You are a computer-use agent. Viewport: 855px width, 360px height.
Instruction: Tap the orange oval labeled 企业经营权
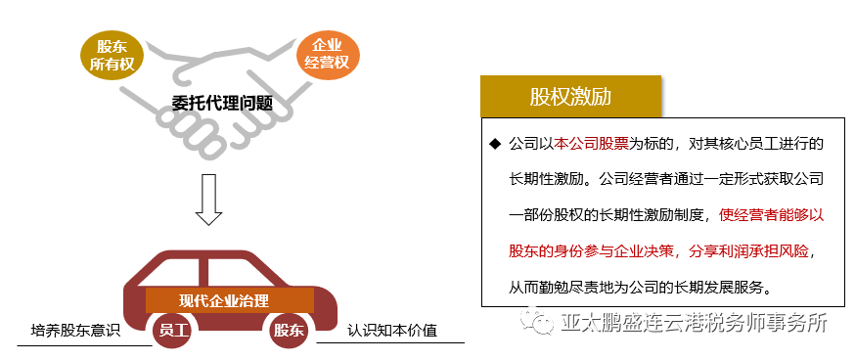(329, 55)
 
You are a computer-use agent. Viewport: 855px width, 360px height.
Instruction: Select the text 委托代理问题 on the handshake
(222, 103)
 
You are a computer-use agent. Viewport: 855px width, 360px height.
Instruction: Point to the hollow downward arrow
(208, 200)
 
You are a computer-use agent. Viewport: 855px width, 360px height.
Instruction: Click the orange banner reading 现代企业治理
(230, 300)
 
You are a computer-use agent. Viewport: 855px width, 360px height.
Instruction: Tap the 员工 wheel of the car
(172, 330)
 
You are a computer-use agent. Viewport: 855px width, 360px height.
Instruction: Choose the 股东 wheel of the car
(290, 330)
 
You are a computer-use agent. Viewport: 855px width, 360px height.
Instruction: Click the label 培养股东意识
(75, 331)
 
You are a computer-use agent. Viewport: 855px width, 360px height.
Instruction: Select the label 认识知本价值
(392, 331)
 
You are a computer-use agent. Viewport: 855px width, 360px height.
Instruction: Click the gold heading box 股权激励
(570, 97)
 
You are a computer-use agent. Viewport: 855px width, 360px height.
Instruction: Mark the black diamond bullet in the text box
(495, 144)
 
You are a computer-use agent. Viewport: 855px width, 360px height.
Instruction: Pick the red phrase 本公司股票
(591, 144)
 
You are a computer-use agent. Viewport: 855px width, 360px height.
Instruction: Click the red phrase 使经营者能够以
(771, 215)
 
